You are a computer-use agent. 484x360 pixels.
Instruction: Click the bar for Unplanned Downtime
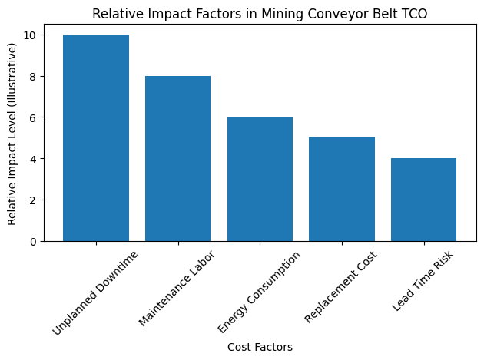96,138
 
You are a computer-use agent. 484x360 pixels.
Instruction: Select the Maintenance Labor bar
177,159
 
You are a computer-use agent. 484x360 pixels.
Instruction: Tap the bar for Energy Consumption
260,179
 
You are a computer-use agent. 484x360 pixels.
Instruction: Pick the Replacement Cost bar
342,190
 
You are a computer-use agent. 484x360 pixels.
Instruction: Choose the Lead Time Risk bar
423,200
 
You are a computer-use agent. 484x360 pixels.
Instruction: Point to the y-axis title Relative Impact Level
12,133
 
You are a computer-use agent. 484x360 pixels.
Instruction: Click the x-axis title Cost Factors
260,348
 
